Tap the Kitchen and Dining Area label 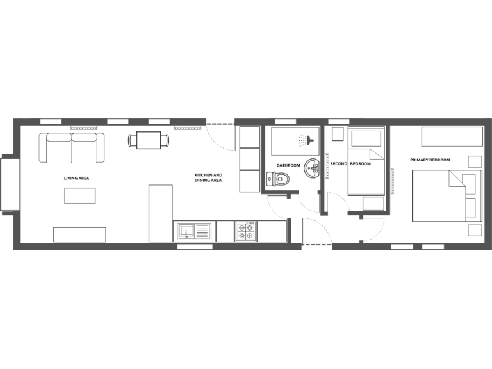pos(208,177)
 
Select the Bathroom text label pos(288,165)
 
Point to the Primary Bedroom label pos(430,160)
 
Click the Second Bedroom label pos(350,164)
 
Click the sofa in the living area pos(72,147)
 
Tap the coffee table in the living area pos(79,195)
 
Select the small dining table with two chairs pos(149,140)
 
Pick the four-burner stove pos(245,231)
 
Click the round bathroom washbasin pos(312,168)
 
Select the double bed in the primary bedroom pos(447,195)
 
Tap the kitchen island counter pos(161,213)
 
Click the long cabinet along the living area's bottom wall pos(79,234)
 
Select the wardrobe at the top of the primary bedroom pos(452,136)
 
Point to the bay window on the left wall pos(8,183)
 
